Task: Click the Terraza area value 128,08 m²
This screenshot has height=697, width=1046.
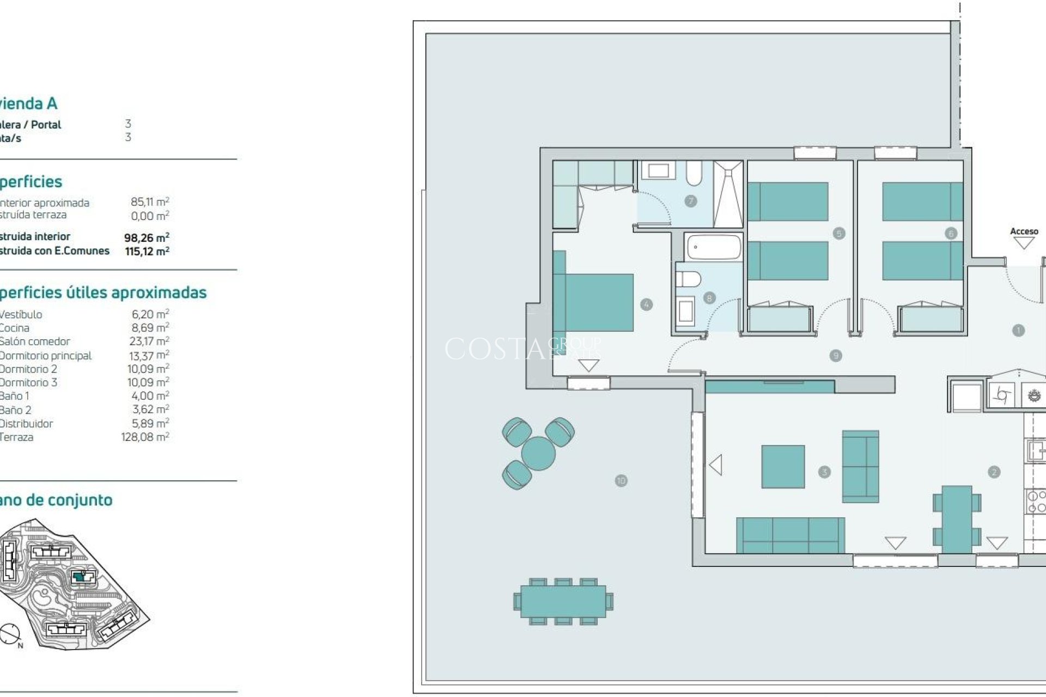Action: point(145,437)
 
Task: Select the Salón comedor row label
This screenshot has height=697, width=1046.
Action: point(35,341)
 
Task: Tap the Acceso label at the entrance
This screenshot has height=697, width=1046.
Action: point(1024,231)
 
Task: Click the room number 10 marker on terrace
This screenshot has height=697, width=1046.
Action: point(621,480)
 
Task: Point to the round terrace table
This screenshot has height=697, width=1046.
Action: point(538,453)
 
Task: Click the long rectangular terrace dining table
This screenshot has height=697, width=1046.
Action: point(563,601)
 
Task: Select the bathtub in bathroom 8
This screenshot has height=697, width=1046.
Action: point(714,247)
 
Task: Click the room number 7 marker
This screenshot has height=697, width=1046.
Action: point(690,201)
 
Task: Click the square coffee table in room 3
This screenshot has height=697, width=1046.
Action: point(783,466)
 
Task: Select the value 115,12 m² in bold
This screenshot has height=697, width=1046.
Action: point(147,251)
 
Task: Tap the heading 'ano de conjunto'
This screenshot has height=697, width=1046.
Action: point(56,500)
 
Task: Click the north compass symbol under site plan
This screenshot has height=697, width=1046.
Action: point(10,633)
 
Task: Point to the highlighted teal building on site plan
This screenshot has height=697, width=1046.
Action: point(80,577)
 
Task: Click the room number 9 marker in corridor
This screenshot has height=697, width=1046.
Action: point(835,356)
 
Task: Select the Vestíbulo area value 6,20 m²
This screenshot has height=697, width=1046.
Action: point(150,314)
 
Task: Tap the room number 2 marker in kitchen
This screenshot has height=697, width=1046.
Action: point(993,472)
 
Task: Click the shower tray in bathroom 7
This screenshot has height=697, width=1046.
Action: point(728,194)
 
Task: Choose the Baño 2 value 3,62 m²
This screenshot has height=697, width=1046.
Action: point(150,409)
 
